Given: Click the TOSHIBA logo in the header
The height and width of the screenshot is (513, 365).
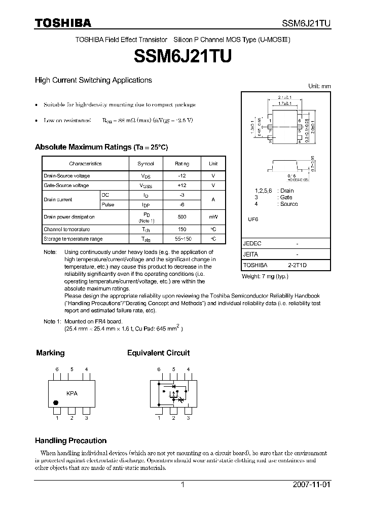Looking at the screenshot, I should [x=63, y=23].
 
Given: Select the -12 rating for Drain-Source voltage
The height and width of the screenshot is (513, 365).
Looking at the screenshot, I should [x=182, y=176].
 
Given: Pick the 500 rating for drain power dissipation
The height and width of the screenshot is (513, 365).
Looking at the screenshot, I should [x=182, y=217].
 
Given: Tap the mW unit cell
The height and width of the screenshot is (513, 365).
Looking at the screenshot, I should [x=213, y=217].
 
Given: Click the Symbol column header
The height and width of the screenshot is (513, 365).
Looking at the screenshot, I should [x=145, y=164].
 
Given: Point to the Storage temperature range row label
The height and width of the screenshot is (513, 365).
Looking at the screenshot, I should [x=73, y=239].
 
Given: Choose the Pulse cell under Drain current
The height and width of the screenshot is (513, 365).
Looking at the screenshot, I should [x=108, y=205].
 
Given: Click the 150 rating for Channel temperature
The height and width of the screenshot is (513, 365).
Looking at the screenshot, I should [x=182, y=229].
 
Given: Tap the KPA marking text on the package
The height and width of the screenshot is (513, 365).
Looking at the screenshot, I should [x=72, y=393].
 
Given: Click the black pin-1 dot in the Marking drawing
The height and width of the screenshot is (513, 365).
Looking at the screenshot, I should [x=56, y=404].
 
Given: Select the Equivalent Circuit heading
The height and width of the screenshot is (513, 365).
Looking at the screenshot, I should [x=158, y=353].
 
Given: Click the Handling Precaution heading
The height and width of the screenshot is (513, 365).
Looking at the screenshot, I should [x=70, y=441].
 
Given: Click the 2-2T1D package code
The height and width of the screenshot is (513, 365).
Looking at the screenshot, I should [x=297, y=265].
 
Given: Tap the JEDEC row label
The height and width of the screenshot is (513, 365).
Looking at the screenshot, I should [x=252, y=244].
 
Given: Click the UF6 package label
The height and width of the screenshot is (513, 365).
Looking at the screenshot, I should [x=252, y=219].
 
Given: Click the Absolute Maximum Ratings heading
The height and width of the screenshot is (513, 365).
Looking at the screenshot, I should [x=101, y=147].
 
